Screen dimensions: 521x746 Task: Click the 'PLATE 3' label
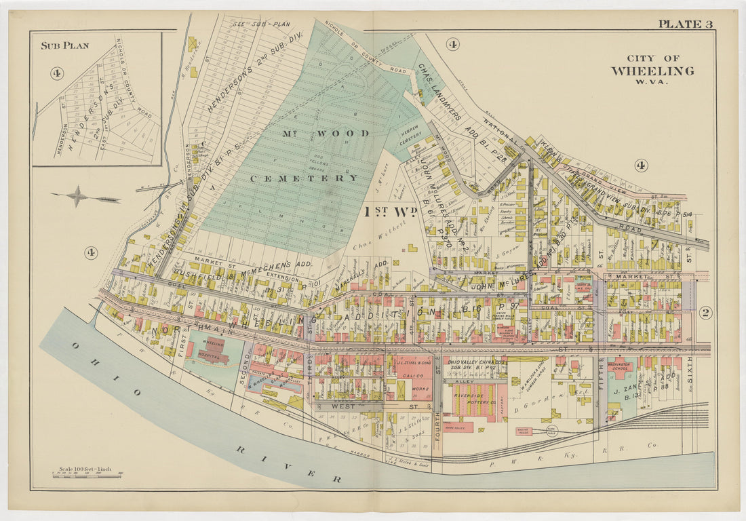point(685,24)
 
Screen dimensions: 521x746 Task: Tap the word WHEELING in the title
point(652,71)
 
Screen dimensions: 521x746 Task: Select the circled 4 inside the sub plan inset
point(57,73)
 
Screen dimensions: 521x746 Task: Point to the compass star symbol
point(78,197)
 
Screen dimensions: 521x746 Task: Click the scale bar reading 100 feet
point(87,473)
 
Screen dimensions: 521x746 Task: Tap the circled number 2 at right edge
point(705,313)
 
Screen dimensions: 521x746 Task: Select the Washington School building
point(621,367)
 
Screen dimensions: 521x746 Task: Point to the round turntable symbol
point(551,429)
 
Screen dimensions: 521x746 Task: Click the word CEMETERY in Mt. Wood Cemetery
point(304,178)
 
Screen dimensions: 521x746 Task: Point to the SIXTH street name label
point(688,370)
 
